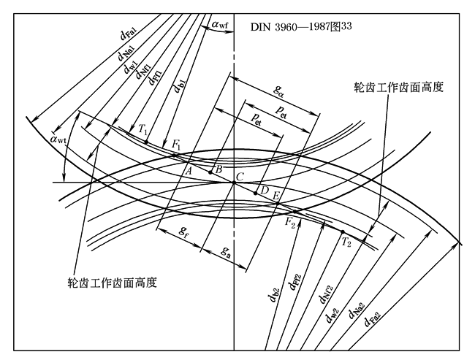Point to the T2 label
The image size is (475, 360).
pos(347,242)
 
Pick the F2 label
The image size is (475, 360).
pos(289,222)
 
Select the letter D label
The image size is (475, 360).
pos(265,191)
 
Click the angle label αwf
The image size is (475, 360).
pos(219,26)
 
